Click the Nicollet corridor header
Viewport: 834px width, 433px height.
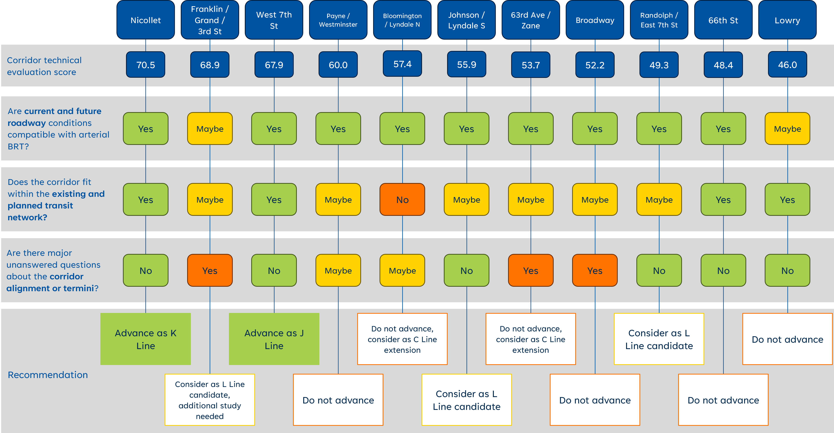145,20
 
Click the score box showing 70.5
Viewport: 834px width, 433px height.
145,65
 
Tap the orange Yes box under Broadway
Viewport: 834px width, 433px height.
595,270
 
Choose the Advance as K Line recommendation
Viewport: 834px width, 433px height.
145,339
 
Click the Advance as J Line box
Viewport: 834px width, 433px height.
274,339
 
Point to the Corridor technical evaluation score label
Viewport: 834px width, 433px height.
44,66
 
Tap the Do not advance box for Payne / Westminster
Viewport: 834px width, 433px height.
338,400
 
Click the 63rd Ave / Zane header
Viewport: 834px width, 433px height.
530,20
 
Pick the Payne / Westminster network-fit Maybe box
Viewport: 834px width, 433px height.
338,200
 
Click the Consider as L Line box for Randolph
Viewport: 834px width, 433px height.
659,339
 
